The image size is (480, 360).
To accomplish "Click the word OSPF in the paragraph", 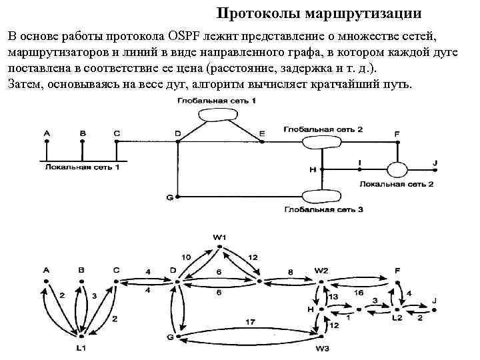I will (x=191, y=33).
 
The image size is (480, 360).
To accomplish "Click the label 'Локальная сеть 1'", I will (x=83, y=167).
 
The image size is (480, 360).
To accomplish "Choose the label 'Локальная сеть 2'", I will (x=396, y=183).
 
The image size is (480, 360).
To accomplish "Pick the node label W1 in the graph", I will (x=219, y=238).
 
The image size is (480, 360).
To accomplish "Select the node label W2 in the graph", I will (x=322, y=270).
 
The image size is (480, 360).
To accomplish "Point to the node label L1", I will (x=81, y=348).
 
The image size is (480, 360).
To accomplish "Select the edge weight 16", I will (x=357, y=291).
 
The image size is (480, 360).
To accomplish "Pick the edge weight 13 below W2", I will (x=333, y=296).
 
